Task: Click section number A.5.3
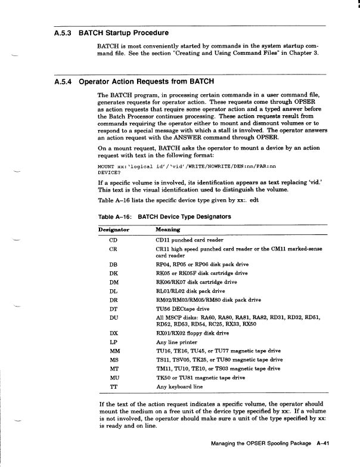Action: click(x=58, y=33)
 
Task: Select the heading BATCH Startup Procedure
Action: click(x=123, y=33)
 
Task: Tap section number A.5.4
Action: click(x=58, y=81)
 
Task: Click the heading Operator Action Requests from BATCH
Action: click(x=147, y=81)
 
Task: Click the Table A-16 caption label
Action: click(x=113, y=217)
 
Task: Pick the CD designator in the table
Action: click(x=113, y=240)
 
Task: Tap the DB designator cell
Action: click(x=113, y=264)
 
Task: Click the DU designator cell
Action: click(x=113, y=318)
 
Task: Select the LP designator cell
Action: click(x=113, y=342)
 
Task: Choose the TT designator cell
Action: click(x=113, y=386)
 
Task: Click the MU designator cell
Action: click(x=113, y=378)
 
